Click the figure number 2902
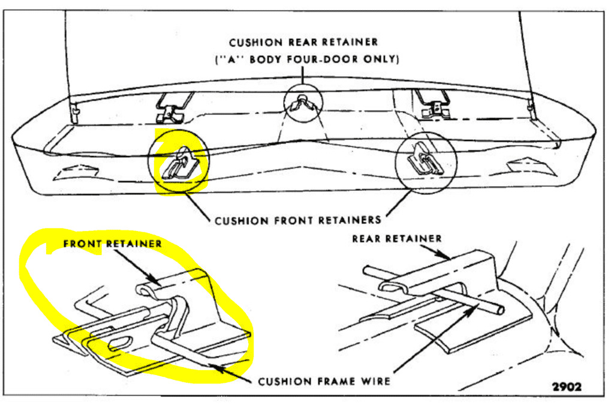[x=567, y=387]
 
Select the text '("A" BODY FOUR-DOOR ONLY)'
[x=306, y=59]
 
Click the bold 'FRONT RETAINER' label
[x=113, y=244]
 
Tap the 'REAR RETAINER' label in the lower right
[x=397, y=239]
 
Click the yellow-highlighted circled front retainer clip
[x=179, y=163]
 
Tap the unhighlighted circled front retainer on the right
[x=426, y=163]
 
